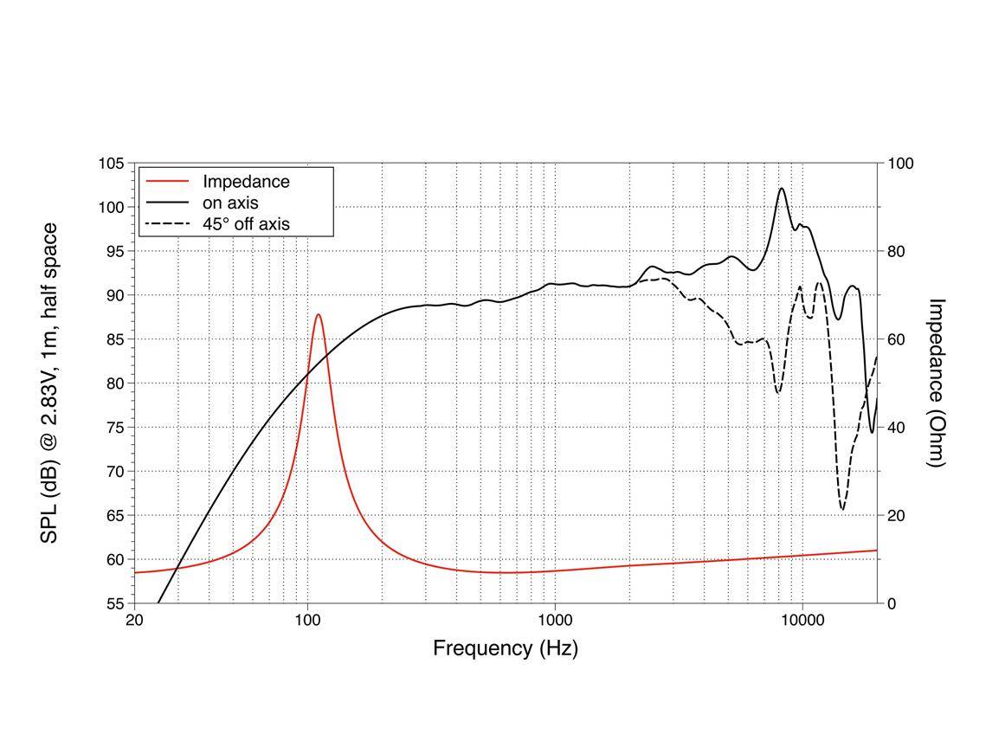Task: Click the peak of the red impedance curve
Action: tap(319, 315)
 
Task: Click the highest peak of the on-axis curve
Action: tap(782, 189)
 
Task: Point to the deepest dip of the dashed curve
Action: tap(842, 509)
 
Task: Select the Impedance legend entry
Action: tap(246, 182)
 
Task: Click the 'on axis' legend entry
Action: tap(230, 203)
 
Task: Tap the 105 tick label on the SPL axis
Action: tap(110, 164)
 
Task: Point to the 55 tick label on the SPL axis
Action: tap(113, 603)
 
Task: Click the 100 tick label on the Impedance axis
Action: tap(901, 164)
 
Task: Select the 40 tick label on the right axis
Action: tap(898, 428)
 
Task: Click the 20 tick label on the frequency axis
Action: tap(134, 620)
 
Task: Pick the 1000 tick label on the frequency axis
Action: tap(555, 620)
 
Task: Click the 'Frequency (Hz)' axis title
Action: tap(506, 648)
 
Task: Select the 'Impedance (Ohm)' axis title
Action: tap(937, 383)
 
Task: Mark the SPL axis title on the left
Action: tap(50, 383)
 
